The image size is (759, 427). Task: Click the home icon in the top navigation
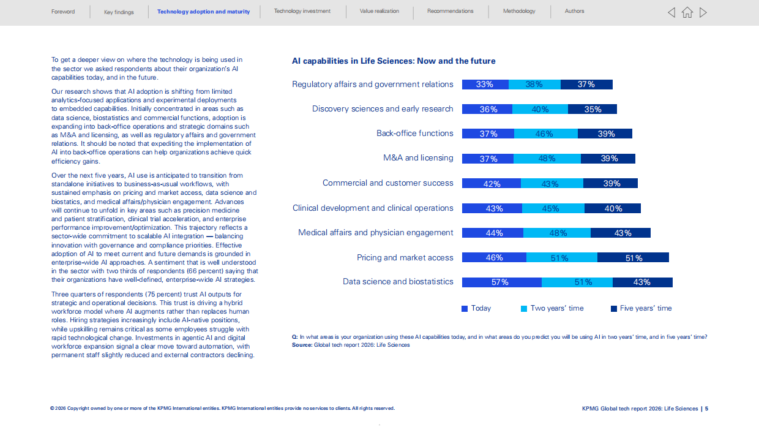tap(687, 12)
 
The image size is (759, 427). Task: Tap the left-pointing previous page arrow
tap(671, 12)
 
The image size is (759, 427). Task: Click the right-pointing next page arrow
tap(703, 12)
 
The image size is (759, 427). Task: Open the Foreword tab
tap(63, 12)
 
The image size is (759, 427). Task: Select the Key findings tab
tap(119, 12)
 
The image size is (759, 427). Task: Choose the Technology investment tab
tap(302, 11)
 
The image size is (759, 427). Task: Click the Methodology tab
tap(519, 11)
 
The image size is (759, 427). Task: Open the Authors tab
tap(574, 11)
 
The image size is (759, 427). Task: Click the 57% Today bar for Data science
tap(502, 282)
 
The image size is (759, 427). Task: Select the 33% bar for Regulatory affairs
tap(485, 85)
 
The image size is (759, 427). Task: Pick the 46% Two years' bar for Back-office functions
tap(546, 134)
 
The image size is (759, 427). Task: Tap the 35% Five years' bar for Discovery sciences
tap(593, 109)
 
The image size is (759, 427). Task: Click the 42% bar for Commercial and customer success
tap(492, 184)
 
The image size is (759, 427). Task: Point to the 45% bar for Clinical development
tap(553, 208)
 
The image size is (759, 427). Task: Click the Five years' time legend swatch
tap(614, 309)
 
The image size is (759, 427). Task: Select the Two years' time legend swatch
tap(524, 309)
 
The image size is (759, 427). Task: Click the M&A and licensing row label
tap(418, 158)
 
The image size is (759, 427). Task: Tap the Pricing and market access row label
tap(405, 258)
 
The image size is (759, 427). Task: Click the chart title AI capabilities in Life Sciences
tap(394, 61)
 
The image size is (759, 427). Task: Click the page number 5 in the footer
tap(706, 409)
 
